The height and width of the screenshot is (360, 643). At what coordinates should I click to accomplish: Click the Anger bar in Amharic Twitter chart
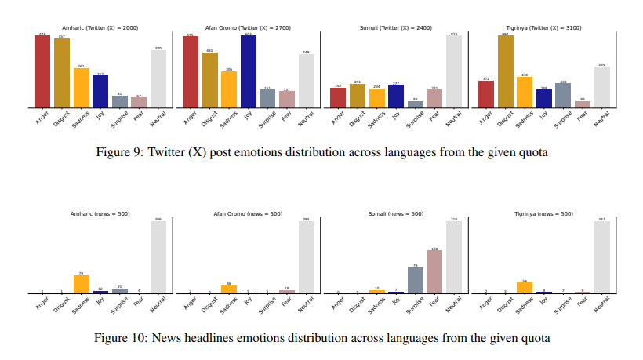point(42,71)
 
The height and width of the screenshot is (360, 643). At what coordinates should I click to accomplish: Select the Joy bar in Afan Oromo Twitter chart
point(248,71)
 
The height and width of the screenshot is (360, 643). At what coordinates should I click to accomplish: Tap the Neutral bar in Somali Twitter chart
point(453,71)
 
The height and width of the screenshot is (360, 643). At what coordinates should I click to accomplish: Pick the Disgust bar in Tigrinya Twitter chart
point(505,71)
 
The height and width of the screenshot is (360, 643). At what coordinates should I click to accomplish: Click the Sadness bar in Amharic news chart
point(81,284)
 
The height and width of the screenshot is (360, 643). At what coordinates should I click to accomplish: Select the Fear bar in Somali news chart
point(434,272)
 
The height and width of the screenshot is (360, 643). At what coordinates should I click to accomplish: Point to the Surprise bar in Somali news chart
point(415,280)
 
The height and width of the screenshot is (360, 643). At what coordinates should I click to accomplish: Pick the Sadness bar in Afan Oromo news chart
point(229,289)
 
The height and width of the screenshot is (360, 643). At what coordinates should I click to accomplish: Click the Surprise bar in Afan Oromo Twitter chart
point(267,98)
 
